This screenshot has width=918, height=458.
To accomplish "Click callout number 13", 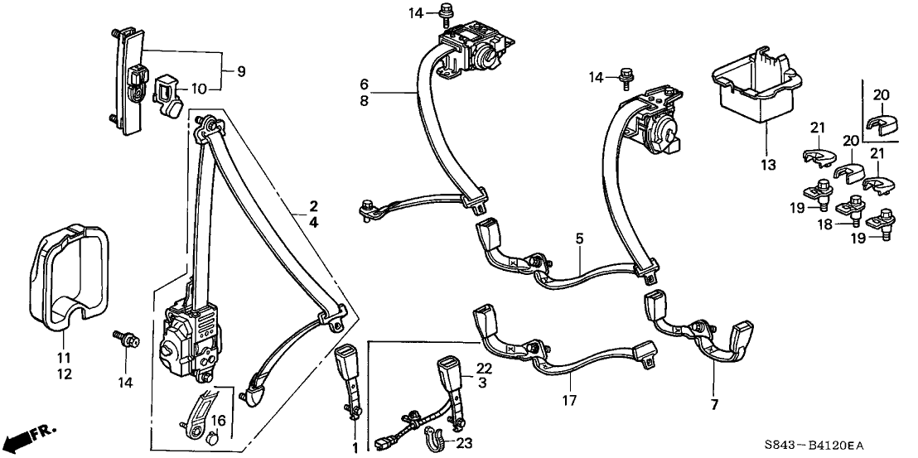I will (x=768, y=165).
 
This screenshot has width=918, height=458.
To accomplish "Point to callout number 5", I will (x=580, y=239).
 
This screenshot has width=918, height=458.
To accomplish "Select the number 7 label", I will (x=713, y=404).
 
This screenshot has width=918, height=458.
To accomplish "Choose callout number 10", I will (x=198, y=89).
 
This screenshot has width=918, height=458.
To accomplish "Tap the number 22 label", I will (x=484, y=368).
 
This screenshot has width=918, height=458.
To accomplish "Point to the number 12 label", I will (x=64, y=374).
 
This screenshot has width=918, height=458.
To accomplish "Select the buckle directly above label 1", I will (x=346, y=370).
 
